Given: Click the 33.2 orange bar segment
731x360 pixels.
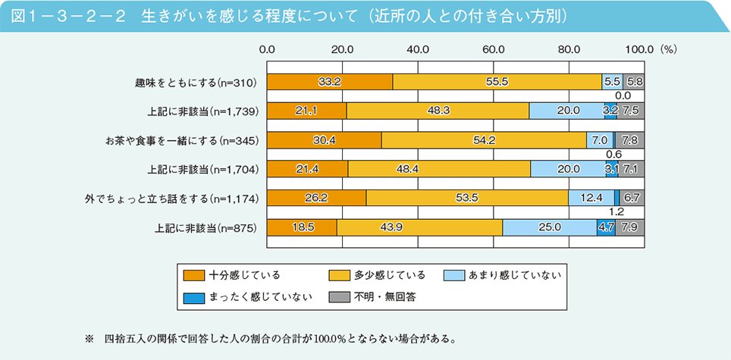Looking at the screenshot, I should point(330,81).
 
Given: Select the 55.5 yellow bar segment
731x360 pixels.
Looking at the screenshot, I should point(497,81).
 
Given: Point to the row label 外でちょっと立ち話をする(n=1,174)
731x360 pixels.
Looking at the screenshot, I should point(172,199).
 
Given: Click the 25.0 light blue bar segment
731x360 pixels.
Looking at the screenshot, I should point(549,227).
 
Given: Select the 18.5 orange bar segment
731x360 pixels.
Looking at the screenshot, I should point(302,227).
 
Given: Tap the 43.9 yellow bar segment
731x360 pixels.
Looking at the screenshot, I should point(419,227).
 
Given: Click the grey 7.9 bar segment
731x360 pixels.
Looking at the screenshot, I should point(629,227).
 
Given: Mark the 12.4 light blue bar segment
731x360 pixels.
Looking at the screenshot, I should point(591,199).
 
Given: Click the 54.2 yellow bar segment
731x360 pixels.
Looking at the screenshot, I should point(483,140).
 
